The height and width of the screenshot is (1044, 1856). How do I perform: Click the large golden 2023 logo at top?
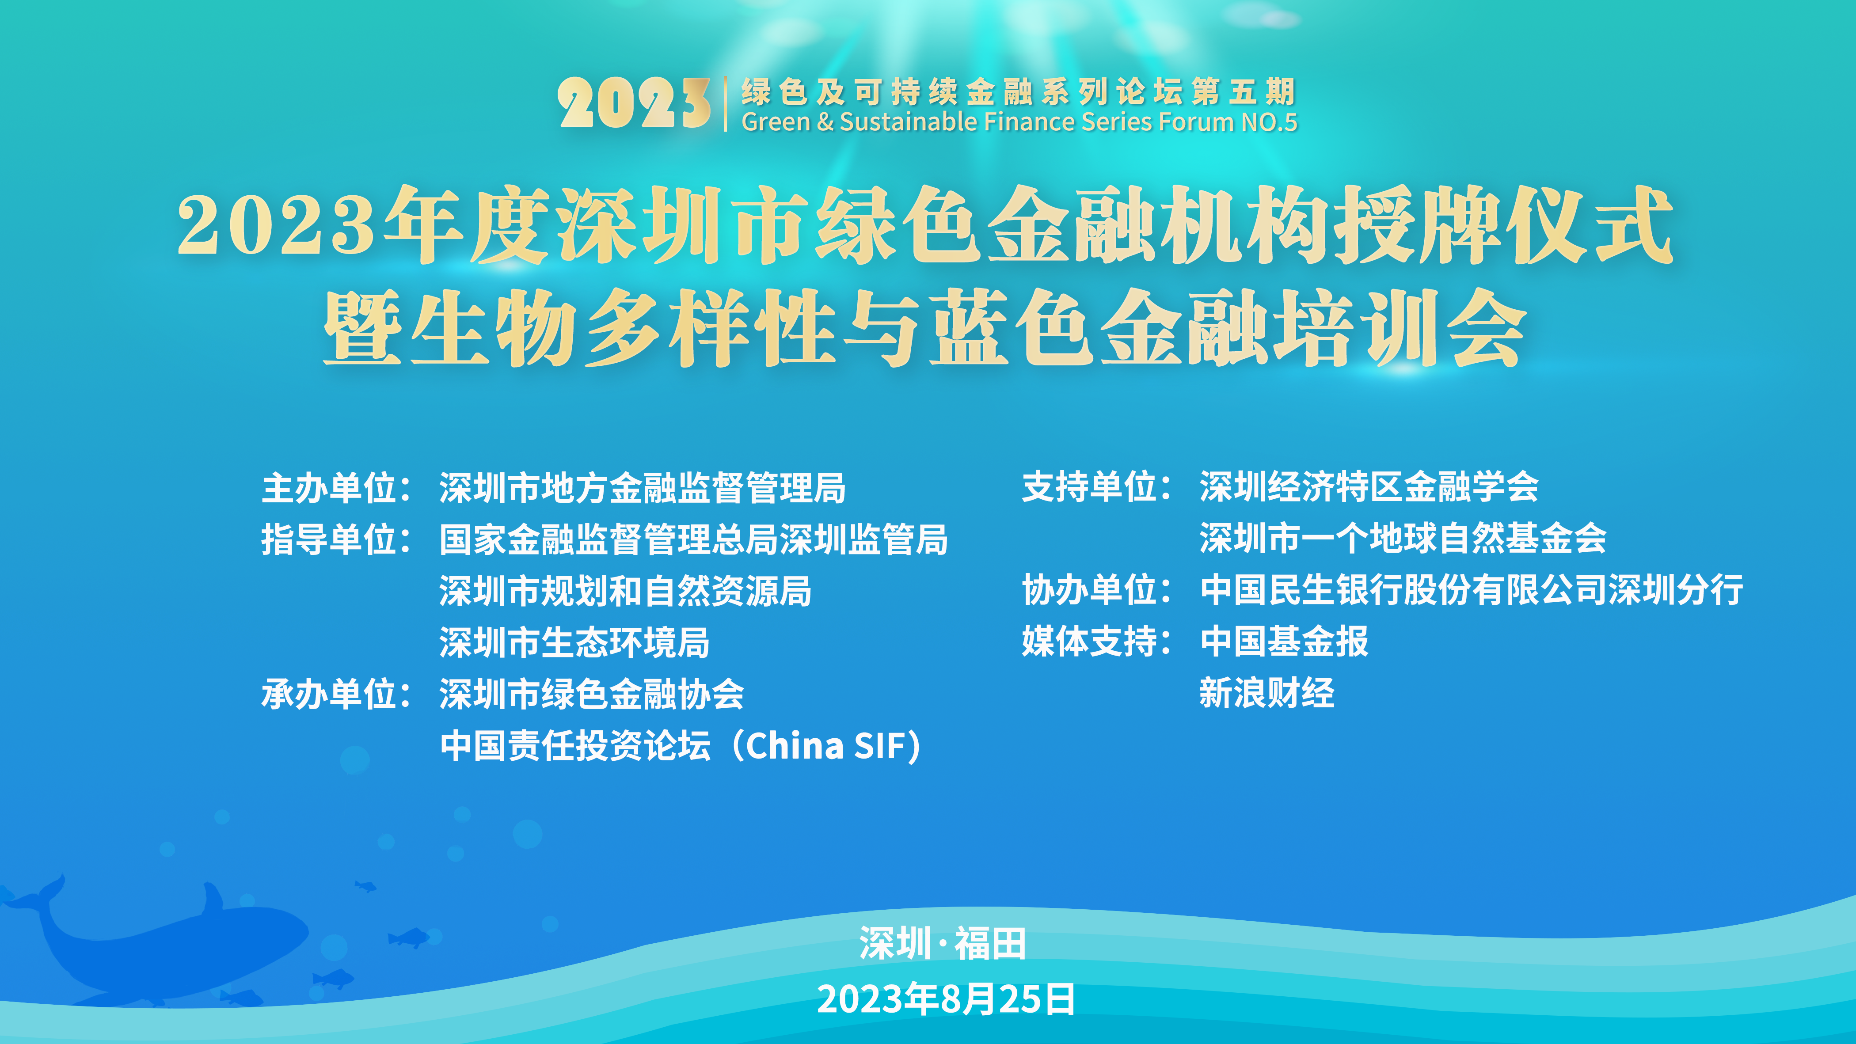[634, 103]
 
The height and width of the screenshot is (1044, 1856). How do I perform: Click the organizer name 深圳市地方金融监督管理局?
[643, 488]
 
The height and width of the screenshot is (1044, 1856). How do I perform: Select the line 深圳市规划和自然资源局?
[625, 591]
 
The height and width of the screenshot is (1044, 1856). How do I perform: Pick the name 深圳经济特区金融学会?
[1369, 486]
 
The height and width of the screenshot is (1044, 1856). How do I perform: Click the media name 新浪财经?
[1266, 693]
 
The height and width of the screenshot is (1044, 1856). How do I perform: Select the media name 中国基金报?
[1284, 641]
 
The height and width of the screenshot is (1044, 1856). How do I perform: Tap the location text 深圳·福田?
[943, 943]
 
